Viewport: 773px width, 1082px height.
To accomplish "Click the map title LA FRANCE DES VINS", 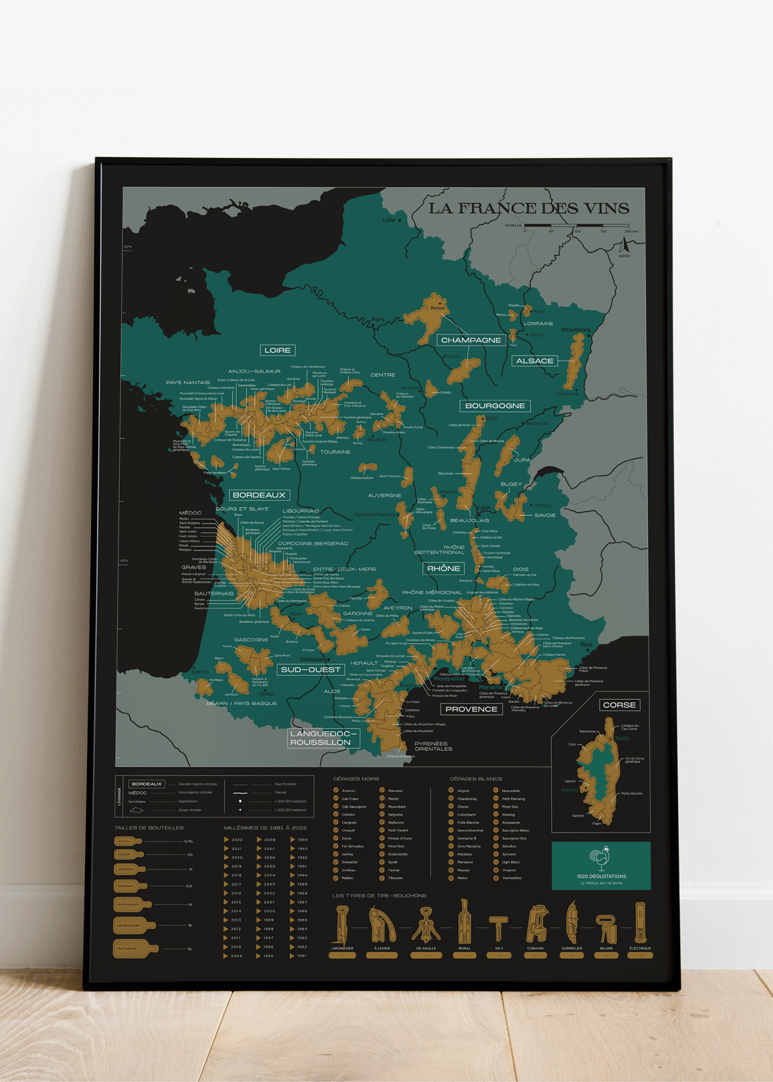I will click(x=528, y=208).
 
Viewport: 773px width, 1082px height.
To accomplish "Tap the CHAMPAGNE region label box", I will click(x=471, y=340).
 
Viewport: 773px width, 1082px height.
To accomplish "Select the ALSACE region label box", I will click(x=534, y=361).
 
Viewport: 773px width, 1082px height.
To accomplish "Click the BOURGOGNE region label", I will click(x=495, y=406).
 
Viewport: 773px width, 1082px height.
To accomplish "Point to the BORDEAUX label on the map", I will click(x=259, y=495).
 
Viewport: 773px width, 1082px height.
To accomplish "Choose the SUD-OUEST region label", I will click(x=310, y=670).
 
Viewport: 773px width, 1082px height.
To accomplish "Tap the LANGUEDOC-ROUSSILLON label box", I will click(x=323, y=738).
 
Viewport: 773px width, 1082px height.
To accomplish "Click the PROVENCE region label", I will click(x=471, y=709).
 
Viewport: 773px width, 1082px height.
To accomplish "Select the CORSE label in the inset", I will click(x=619, y=705).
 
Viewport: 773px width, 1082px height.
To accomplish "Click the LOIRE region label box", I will click(x=278, y=350).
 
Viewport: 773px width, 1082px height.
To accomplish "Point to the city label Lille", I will click(x=389, y=220).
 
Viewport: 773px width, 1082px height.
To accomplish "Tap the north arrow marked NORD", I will click(x=624, y=247).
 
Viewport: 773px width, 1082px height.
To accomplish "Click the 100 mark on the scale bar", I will click(x=577, y=231).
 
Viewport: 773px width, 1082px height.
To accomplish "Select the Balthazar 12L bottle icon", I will click(x=135, y=948).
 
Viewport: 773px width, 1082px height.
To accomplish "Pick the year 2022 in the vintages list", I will click(x=237, y=839).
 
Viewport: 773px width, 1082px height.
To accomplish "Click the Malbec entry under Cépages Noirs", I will click(x=348, y=878).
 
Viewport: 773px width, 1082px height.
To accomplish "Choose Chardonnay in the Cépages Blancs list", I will click(x=467, y=799).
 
